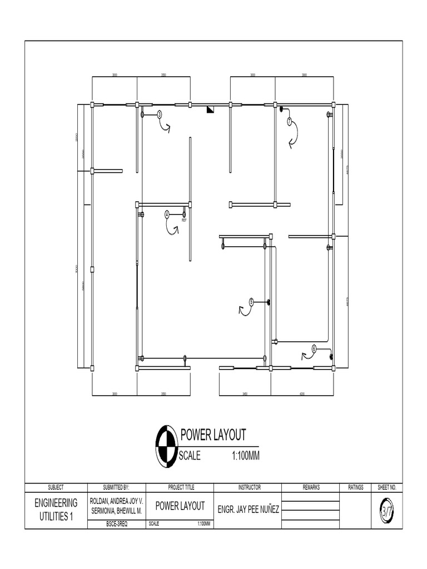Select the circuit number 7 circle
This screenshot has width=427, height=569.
click(x=289, y=121)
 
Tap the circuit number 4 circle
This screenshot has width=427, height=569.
click(x=167, y=214)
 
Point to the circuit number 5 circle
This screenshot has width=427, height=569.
click(x=251, y=302)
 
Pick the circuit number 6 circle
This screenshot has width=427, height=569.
click(x=314, y=348)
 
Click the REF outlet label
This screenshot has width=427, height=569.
click(x=184, y=220)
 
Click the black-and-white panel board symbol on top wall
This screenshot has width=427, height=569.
click(x=210, y=109)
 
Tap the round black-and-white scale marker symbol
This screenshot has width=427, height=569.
click(x=166, y=445)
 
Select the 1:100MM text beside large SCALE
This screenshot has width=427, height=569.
click(x=246, y=456)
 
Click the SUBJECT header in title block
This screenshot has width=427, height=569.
click(x=56, y=487)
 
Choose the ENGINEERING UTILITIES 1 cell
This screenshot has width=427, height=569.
click(x=56, y=509)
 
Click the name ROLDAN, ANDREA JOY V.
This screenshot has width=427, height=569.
click(x=117, y=501)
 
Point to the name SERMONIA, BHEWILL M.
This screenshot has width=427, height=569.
click(x=117, y=510)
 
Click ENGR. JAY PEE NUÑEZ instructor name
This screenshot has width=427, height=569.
click(x=249, y=509)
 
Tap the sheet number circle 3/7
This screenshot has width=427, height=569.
click(x=386, y=508)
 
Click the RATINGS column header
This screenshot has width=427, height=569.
click(x=355, y=487)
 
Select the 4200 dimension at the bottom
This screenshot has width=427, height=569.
click(x=302, y=394)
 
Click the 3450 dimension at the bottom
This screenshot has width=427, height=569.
click(x=245, y=394)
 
